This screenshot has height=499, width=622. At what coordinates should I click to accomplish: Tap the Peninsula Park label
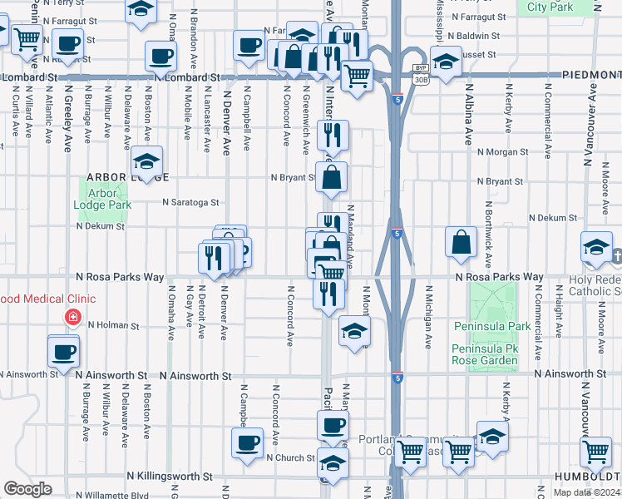coord(486,327)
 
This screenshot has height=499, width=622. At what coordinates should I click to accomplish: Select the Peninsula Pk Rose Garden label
coord(486,353)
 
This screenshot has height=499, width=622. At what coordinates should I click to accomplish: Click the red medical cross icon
coord(73,319)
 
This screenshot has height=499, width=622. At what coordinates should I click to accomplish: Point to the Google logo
coord(27,489)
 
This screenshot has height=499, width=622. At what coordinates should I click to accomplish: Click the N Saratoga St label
coord(190,202)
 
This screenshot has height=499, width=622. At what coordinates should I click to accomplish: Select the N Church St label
coord(290,457)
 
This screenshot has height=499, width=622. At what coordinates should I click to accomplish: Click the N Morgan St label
coord(499,151)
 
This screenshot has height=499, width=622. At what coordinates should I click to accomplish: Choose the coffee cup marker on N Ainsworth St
coord(63,352)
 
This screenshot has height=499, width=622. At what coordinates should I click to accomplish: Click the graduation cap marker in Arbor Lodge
coord(146,161)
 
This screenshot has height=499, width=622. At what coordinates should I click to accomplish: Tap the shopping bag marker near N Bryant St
coord(332,177)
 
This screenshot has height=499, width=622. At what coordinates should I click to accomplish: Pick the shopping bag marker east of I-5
coord(461,242)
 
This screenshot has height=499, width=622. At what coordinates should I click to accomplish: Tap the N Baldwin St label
coord(472,37)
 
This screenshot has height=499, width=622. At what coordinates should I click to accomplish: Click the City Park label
coord(550,7)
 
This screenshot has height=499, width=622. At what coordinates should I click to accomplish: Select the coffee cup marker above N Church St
coord(245,443)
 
